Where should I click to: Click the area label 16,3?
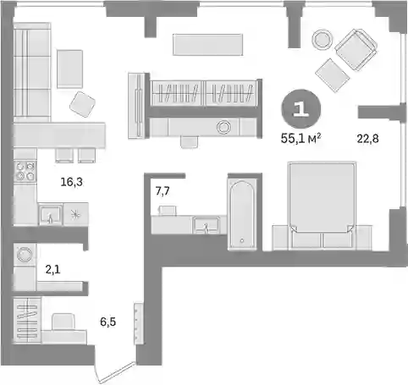pos(72,182)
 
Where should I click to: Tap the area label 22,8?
pos(367,139)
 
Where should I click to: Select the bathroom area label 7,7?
pos(163,191)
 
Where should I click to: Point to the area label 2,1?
pos(52,270)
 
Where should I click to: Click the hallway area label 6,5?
pos(108,322)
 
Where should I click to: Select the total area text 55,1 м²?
pos(300,139)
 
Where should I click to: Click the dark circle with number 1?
pos(301,108)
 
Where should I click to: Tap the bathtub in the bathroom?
pos(242,215)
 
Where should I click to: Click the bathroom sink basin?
pos(206,225)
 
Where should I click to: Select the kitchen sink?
pos(51,215)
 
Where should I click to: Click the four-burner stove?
pos(25,171)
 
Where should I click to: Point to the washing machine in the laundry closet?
pos(25,255)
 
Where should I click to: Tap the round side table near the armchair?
pos(322,40)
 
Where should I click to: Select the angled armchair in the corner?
pos(356,49)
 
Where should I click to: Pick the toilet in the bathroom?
pos(168,211)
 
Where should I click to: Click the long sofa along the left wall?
pos(32,73)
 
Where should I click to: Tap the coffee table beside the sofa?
pos(69,69)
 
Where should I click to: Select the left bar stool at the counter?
pos(64,156)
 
